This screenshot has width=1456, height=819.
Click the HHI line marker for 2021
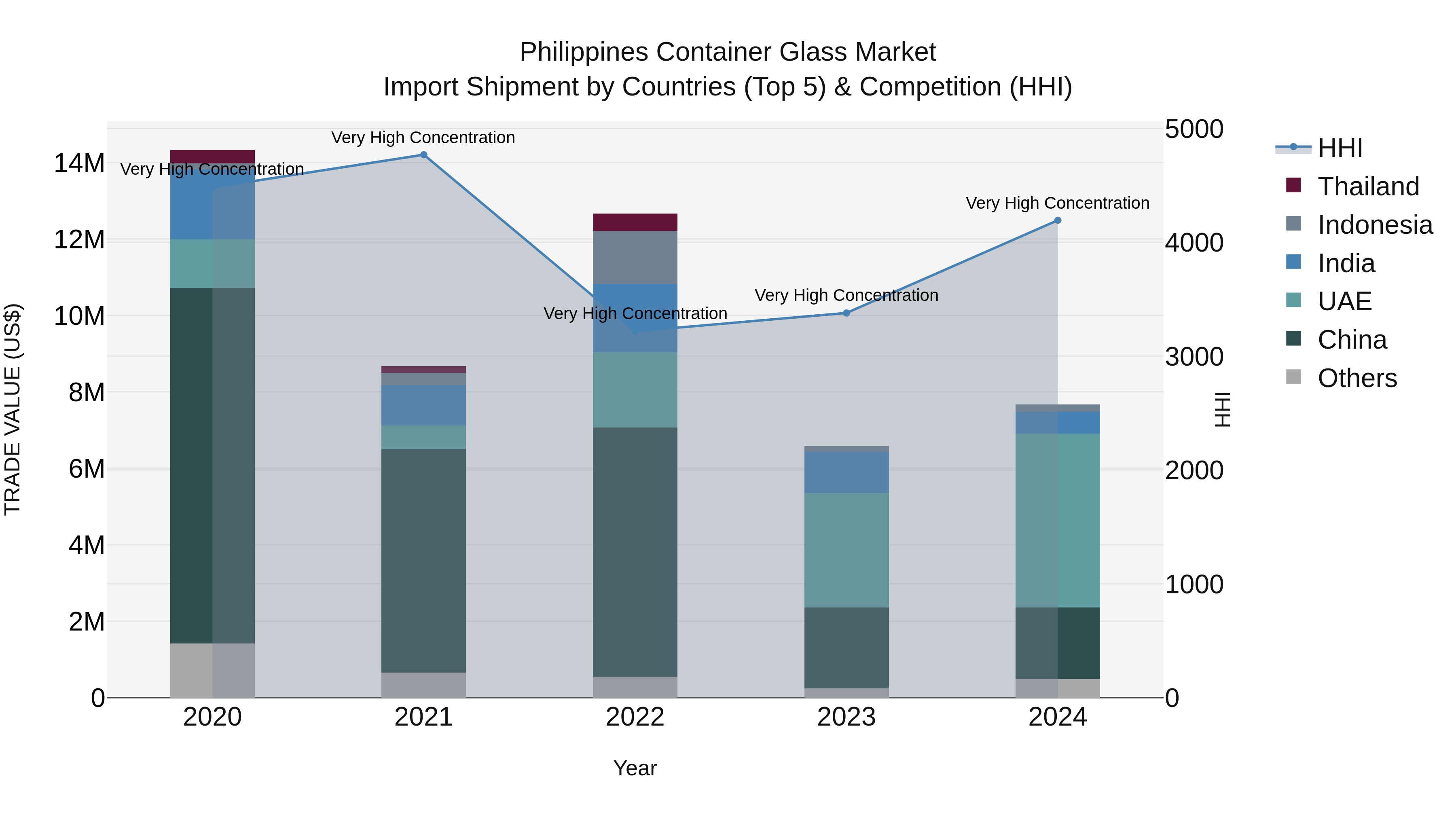coord(423,155)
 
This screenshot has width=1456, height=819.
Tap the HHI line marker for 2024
coord(1058,220)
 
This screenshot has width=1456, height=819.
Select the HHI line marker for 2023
coord(846,313)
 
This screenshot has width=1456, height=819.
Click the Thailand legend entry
coord(1368,186)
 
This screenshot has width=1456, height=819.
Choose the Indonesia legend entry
coord(1375,225)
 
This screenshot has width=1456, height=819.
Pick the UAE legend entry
coord(1344,301)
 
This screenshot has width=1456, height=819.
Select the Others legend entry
coord(1357,378)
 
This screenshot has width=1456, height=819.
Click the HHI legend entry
coord(1340,148)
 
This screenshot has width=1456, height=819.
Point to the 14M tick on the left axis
coord(79,163)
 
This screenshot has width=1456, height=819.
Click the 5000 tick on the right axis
coord(1194,129)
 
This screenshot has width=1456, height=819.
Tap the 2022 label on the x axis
coord(635,717)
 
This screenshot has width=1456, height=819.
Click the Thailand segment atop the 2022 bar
coord(635,222)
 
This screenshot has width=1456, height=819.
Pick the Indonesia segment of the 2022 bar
coord(635,257)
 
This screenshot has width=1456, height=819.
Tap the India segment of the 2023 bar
coord(846,472)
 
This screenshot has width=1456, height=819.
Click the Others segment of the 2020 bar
coord(212,670)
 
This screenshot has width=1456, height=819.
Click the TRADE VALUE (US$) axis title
coord(13,409)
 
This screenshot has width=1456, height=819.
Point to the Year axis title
coord(635,768)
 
